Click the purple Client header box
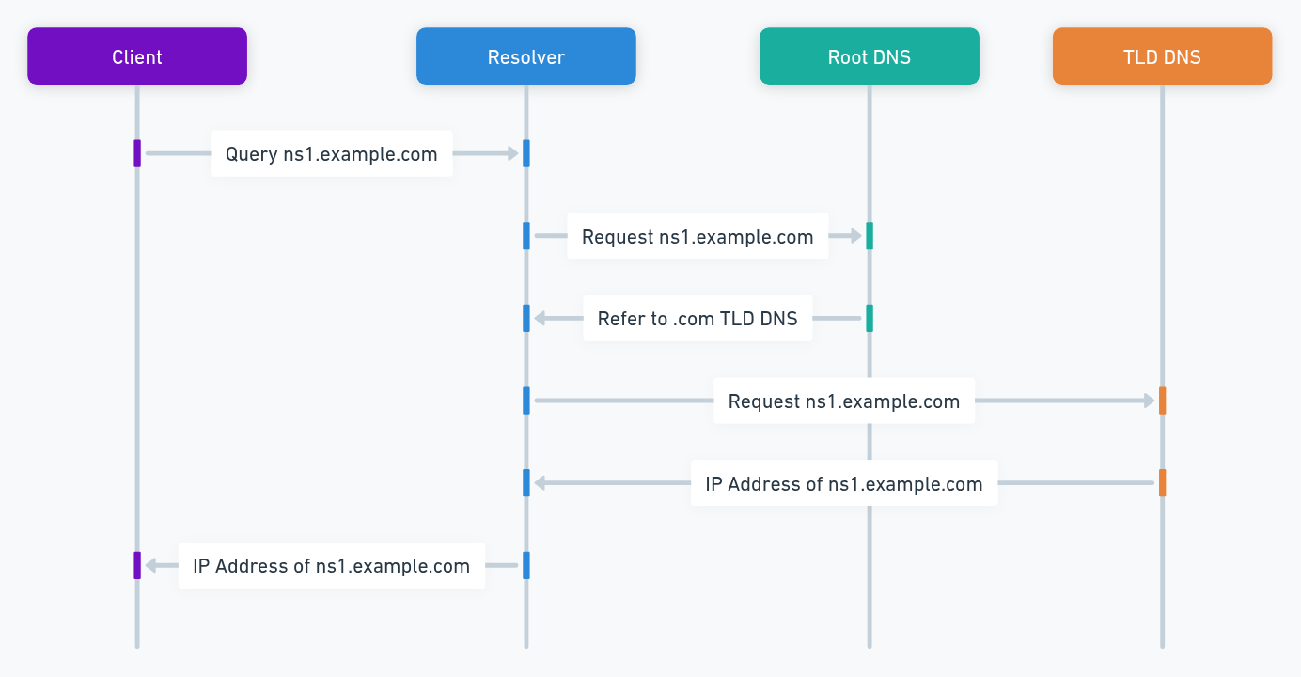pos(137,56)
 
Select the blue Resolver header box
pos(525,56)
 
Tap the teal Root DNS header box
pos(869,56)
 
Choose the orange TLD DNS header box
pos(1162,56)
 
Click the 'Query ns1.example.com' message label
pos(331,154)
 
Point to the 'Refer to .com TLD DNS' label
pos(698,319)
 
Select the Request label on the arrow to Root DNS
pos(698,237)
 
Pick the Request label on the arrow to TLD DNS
pos(843,401)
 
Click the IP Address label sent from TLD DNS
pos(843,484)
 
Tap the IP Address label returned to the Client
pos(331,566)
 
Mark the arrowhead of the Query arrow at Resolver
pos(513,153)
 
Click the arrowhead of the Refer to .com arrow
pos(540,319)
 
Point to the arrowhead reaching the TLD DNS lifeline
pos(1149,401)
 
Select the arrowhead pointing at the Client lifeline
pos(149,566)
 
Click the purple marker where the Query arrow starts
pos(137,153)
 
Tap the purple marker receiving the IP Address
pos(137,565)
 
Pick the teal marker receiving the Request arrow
pos(870,236)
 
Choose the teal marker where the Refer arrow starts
pos(870,318)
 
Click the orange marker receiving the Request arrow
pos(1163,401)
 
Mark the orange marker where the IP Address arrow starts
pos(1163,483)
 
